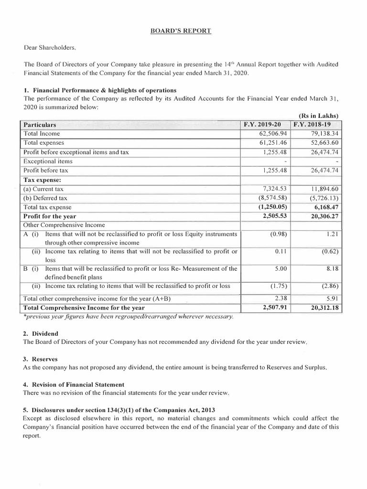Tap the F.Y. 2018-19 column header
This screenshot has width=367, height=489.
click(x=316, y=124)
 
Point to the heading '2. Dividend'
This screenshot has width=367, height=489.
click(x=41, y=333)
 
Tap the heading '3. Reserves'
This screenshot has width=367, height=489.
click(x=41, y=359)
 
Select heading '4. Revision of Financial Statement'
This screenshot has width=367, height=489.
click(x=74, y=384)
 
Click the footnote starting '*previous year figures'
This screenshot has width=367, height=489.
click(x=128, y=317)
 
